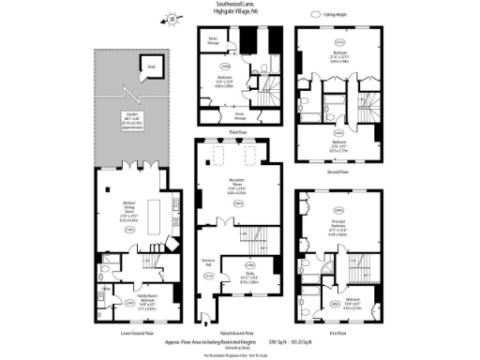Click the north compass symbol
coord(171,17)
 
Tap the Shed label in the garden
coord(151,67)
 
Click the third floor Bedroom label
coord(225,82)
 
